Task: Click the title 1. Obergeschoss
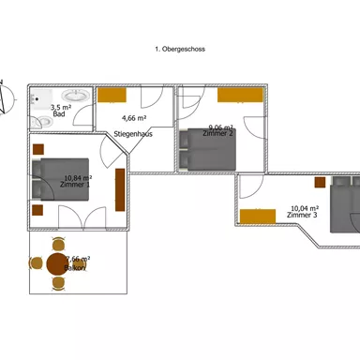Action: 180,49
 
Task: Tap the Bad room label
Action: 59,113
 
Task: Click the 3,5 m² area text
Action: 60,107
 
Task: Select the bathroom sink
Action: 72,95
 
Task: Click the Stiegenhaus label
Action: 132,134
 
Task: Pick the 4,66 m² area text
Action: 134,118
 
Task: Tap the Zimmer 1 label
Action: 75,185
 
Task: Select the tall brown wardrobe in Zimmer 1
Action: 119,189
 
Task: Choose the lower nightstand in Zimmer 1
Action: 37,210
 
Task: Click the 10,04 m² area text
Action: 304,208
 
